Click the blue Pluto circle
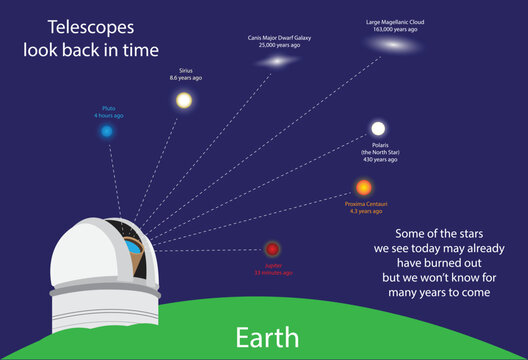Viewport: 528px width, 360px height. coord(107,131)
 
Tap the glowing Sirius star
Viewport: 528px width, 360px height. coord(184,100)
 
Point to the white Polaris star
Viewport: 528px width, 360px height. coord(378,128)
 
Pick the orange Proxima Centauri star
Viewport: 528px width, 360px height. coord(363,187)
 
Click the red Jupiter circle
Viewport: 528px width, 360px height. coord(272,249)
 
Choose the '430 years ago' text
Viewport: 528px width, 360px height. coord(379,159)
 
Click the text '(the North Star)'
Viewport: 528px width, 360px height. coord(379,152)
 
